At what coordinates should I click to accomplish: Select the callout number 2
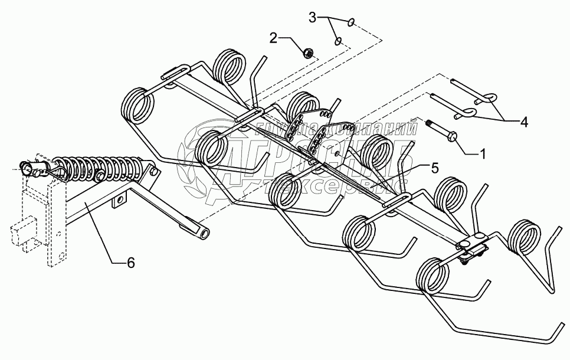click(273, 39)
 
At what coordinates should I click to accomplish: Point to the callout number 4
click(524, 123)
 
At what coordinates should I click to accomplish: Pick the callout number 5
click(434, 168)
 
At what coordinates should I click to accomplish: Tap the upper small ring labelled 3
click(351, 23)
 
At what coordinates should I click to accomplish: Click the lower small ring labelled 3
click(339, 41)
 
